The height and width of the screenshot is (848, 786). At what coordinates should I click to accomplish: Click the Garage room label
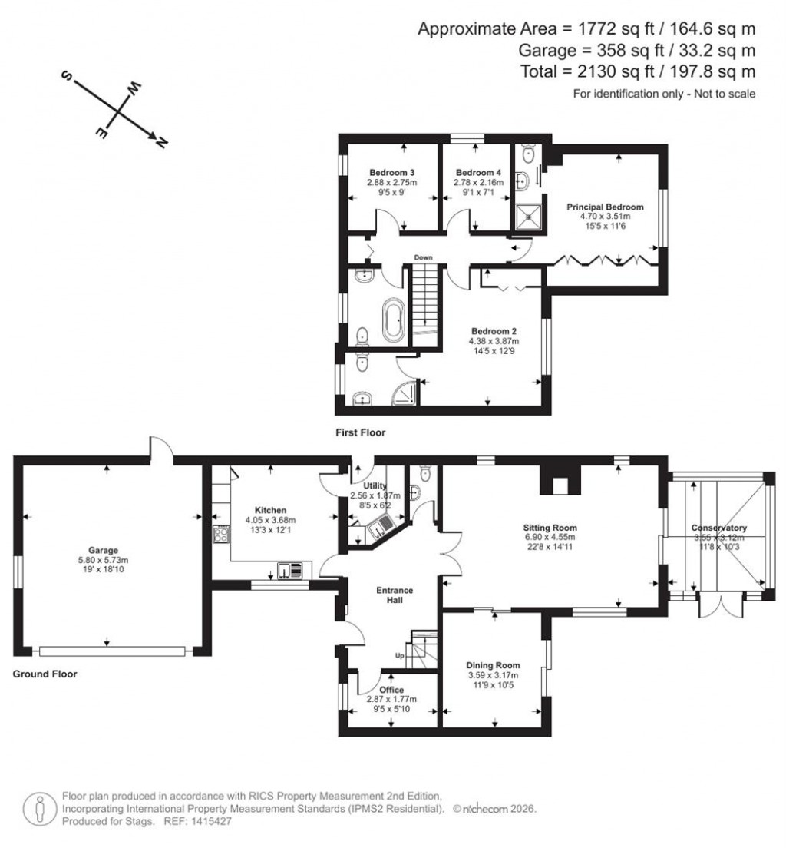tap(102, 550)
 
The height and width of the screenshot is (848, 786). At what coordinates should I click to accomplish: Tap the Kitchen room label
tap(270, 510)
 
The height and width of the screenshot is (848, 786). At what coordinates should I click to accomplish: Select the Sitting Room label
tap(550, 528)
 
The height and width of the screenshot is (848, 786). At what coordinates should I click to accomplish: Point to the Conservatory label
tap(718, 528)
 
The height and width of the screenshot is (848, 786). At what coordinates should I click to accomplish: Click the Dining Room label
tap(493, 665)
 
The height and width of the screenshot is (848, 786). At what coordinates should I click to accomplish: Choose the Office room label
tap(391, 689)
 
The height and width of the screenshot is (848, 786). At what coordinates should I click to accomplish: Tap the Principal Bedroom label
tap(605, 207)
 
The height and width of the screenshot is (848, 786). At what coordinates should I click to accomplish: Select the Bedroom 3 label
tap(391, 172)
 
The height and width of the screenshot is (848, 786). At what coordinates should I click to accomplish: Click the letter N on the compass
tap(161, 142)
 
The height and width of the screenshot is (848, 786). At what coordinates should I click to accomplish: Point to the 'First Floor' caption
tap(360, 433)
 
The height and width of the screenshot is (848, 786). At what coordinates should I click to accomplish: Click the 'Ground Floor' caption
tap(45, 674)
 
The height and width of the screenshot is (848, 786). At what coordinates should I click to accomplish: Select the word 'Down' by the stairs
tap(424, 257)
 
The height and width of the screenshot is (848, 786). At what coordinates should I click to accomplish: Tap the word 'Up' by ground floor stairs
tap(399, 656)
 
